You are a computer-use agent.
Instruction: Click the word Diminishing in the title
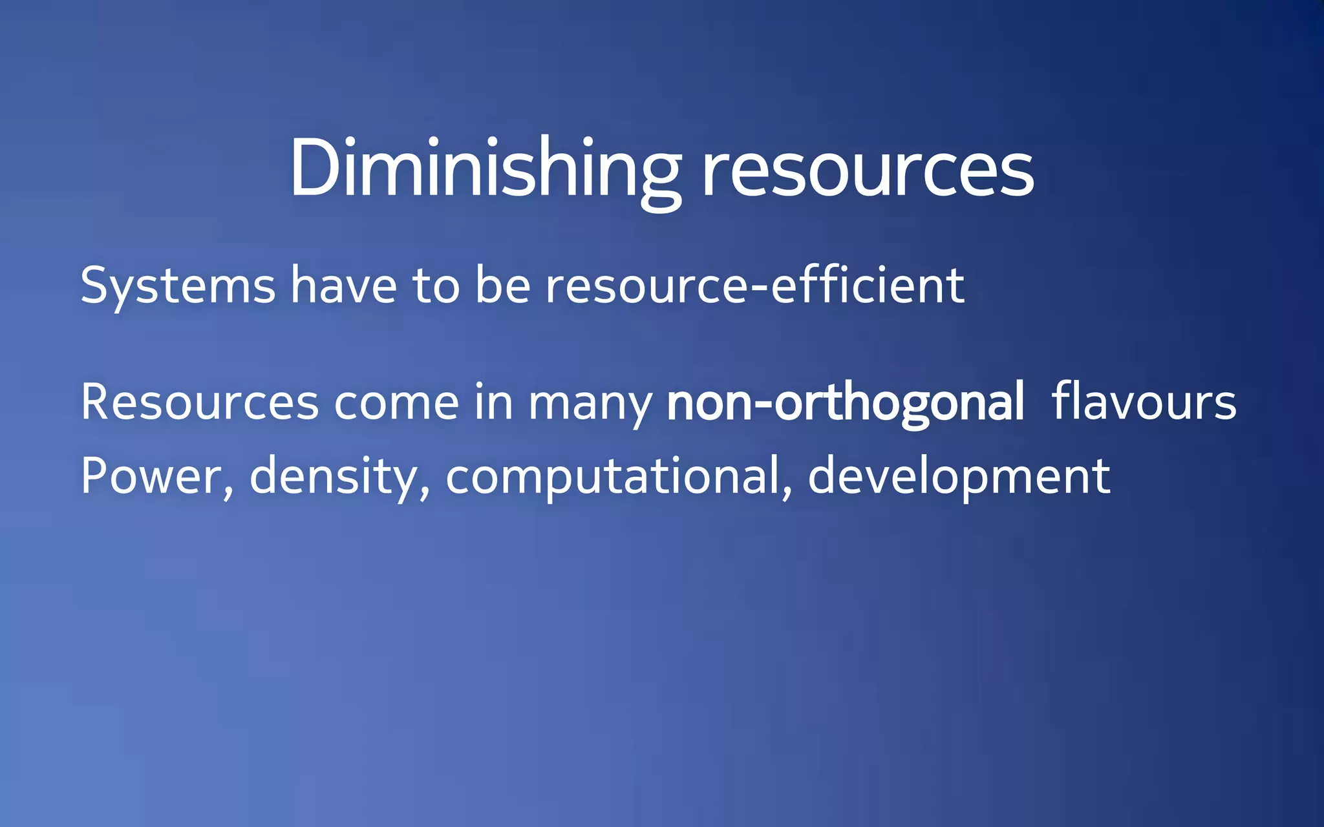(485, 169)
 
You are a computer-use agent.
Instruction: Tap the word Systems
(178, 286)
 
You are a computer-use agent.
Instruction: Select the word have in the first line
(343, 285)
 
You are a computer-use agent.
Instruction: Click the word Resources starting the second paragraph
(199, 403)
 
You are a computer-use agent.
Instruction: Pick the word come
(396, 403)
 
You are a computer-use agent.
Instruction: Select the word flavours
(1144, 401)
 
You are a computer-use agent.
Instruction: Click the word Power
(151, 477)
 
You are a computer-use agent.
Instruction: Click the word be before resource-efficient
(502, 285)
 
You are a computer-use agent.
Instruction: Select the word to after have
(436, 286)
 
